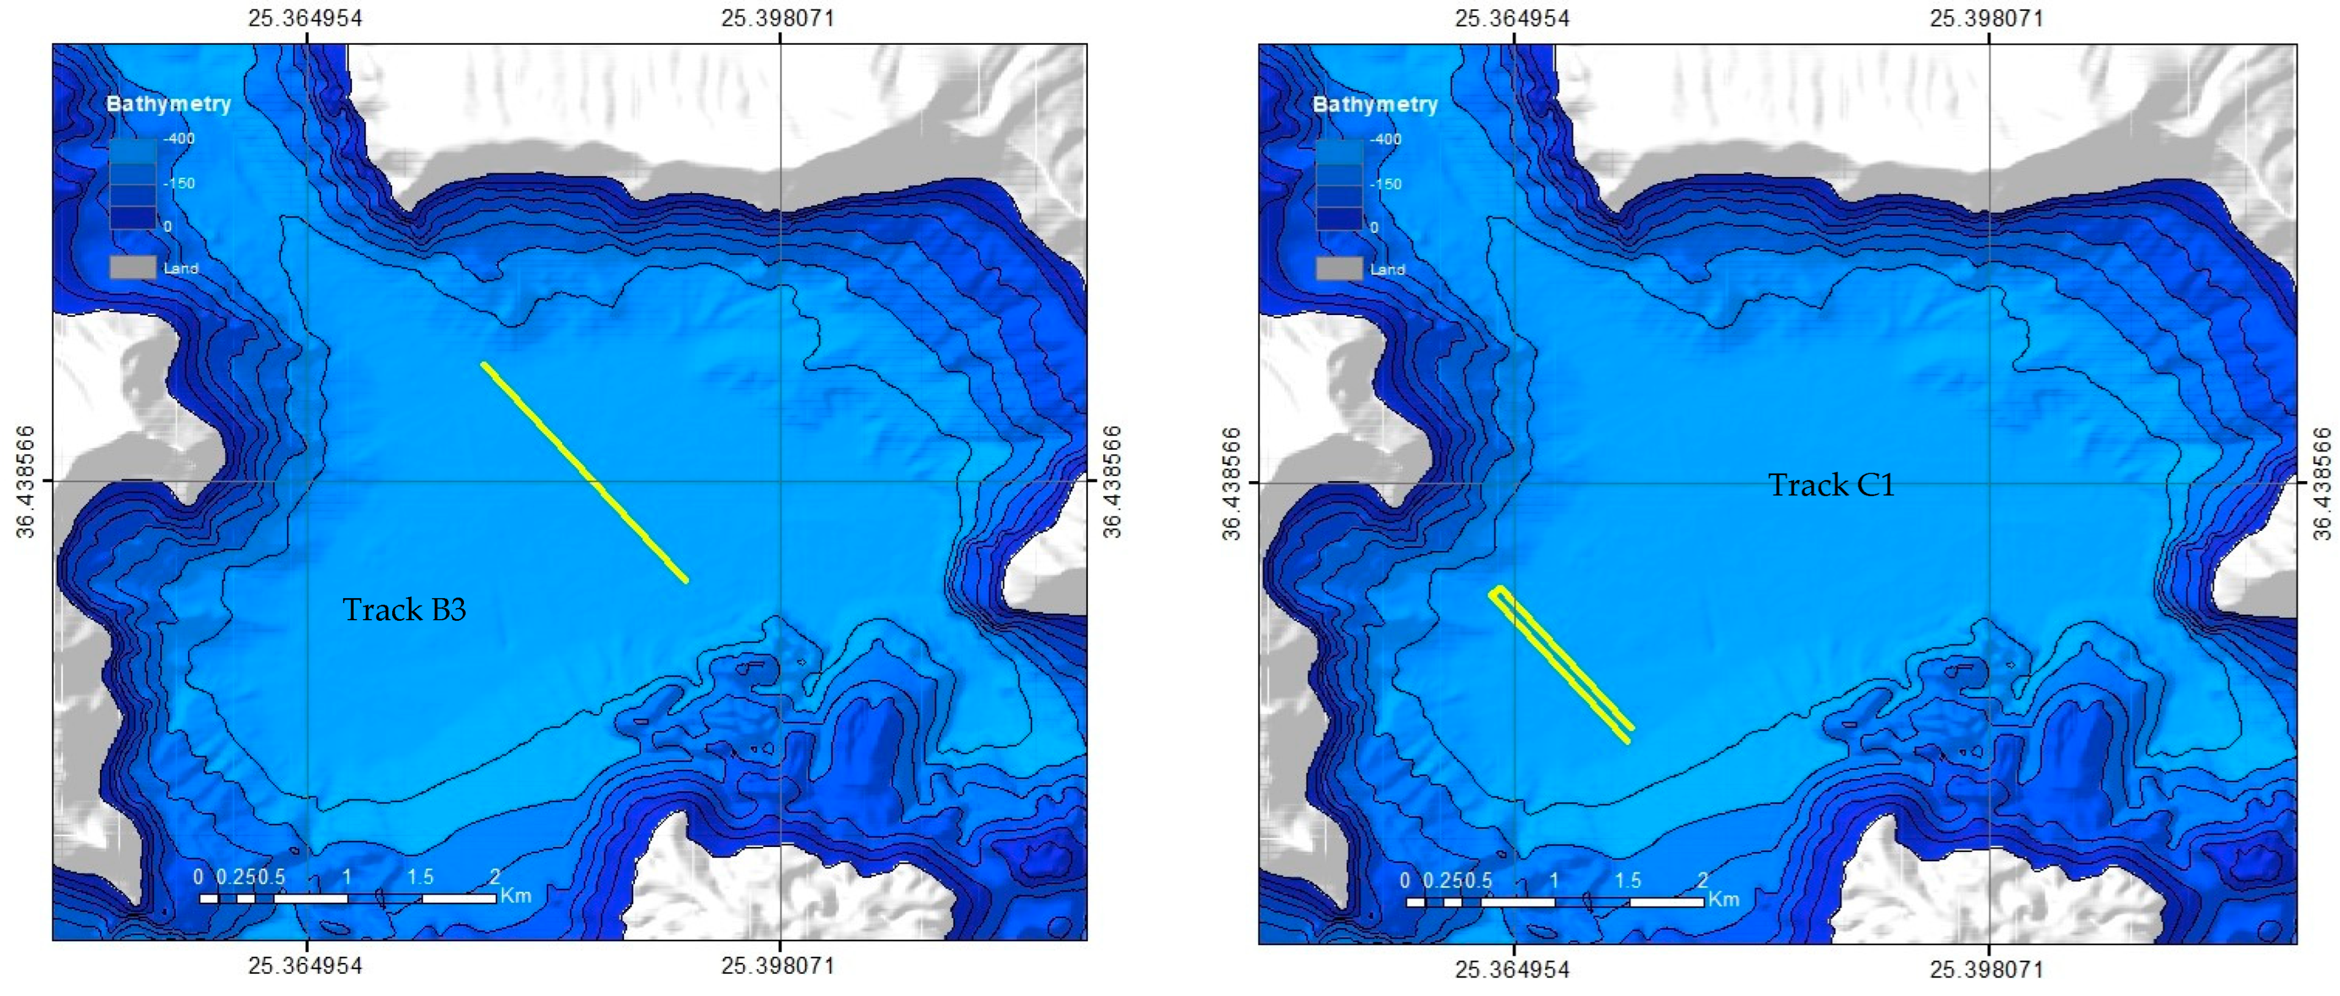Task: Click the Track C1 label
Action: (x=1831, y=485)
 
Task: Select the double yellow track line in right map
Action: (x=1560, y=663)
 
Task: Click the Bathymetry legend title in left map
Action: (x=169, y=104)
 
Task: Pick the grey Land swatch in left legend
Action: (x=132, y=267)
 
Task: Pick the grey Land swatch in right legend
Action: (x=1339, y=268)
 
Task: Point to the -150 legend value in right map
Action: (x=1385, y=183)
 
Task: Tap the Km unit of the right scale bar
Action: (x=1723, y=899)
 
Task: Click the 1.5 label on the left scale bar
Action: (x=420, y=877)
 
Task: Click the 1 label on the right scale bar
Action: (x=1553, y=880)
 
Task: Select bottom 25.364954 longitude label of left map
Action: (x=305, y=965)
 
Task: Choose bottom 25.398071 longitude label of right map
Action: (x=1986, y=969)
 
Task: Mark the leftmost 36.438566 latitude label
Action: (x=26, y=482)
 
